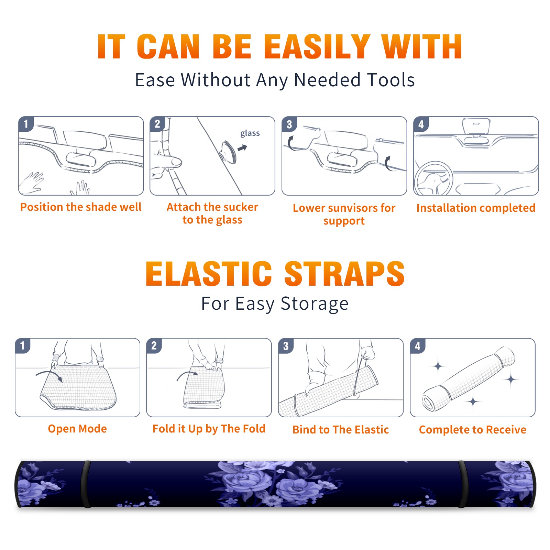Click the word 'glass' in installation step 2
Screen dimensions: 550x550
250,133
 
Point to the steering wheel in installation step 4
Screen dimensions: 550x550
434,179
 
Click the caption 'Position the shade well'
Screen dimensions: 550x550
81,207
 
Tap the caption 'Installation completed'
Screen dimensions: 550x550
476,208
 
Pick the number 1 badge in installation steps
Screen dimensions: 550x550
26,124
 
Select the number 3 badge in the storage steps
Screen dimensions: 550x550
286,346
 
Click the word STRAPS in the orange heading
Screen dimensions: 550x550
344,274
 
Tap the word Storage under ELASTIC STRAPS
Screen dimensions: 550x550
315,304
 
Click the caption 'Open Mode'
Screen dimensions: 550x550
77,429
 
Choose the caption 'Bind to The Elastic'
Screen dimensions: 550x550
341,430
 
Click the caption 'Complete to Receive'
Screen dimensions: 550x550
473,430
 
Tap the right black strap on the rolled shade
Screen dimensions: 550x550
463,484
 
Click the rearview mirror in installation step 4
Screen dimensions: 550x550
476,126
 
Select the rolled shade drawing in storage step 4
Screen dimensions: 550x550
469,379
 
